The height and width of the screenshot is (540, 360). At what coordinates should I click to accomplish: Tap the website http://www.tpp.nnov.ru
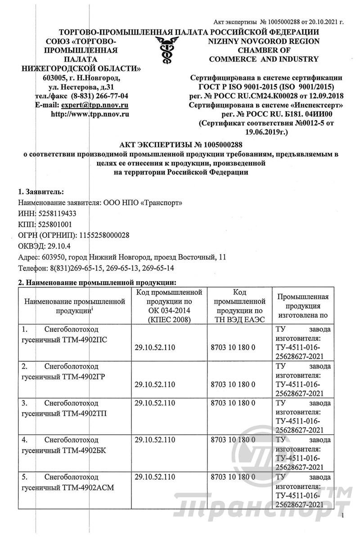click(90, 114)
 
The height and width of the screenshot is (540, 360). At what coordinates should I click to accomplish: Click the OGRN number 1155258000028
click(104, 235)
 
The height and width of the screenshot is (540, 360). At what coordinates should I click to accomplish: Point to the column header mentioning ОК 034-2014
click(168, 306)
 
